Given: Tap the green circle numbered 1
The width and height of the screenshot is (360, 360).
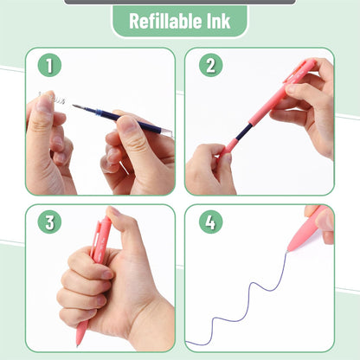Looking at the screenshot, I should [x=49, y=65].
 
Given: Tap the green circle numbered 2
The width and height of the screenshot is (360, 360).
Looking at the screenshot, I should [x=209, y=65].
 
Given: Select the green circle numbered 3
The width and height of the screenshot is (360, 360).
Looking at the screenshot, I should [x=49, y=222].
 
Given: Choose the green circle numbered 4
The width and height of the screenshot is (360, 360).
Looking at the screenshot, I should [x=209, y=222].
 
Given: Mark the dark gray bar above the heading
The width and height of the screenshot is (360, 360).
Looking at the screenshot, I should [x=179, y=2].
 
